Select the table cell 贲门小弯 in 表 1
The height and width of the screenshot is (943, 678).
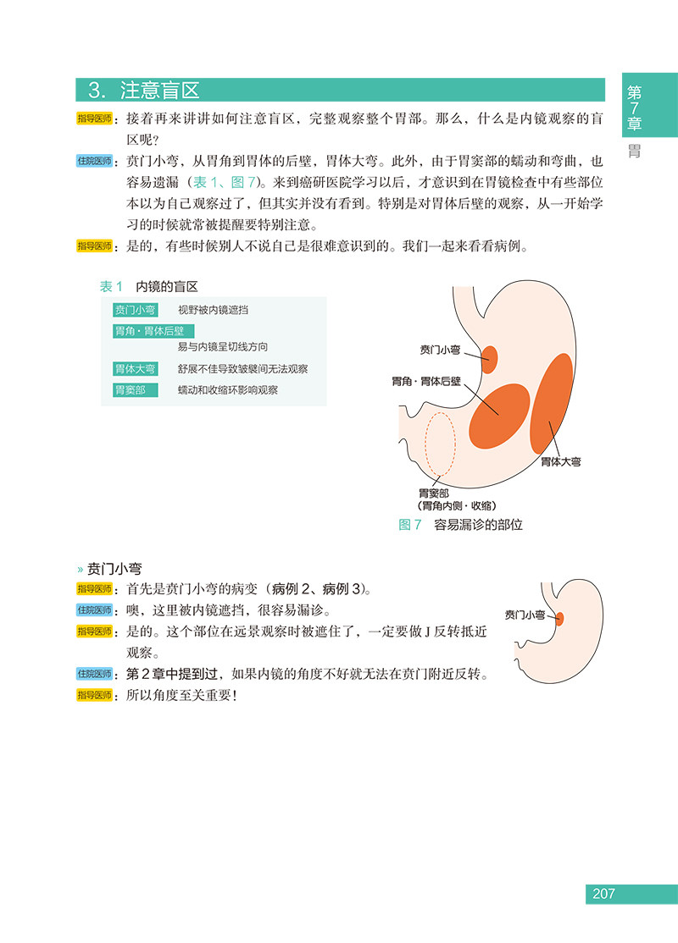click(x=135, y=310)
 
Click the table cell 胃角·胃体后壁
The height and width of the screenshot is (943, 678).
click(x=148, y=331)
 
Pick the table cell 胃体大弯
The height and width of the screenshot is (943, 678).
click(x=135, y=369)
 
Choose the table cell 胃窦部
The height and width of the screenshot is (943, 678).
click(x=130, y=389)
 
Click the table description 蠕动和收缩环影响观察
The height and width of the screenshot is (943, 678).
click(x=227, y=389)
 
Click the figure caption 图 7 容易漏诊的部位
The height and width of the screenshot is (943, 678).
click(x=460, y=525)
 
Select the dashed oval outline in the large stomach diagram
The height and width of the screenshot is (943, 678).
click(x=440, y=445)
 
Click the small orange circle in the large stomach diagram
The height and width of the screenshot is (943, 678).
click(x=490, y=358)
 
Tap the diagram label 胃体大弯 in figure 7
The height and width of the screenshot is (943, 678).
click(x=561, y=462)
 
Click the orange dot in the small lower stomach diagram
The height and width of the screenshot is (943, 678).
click(x=559, y=619)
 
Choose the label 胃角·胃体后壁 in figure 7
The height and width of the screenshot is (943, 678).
click(x=425, y=382)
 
